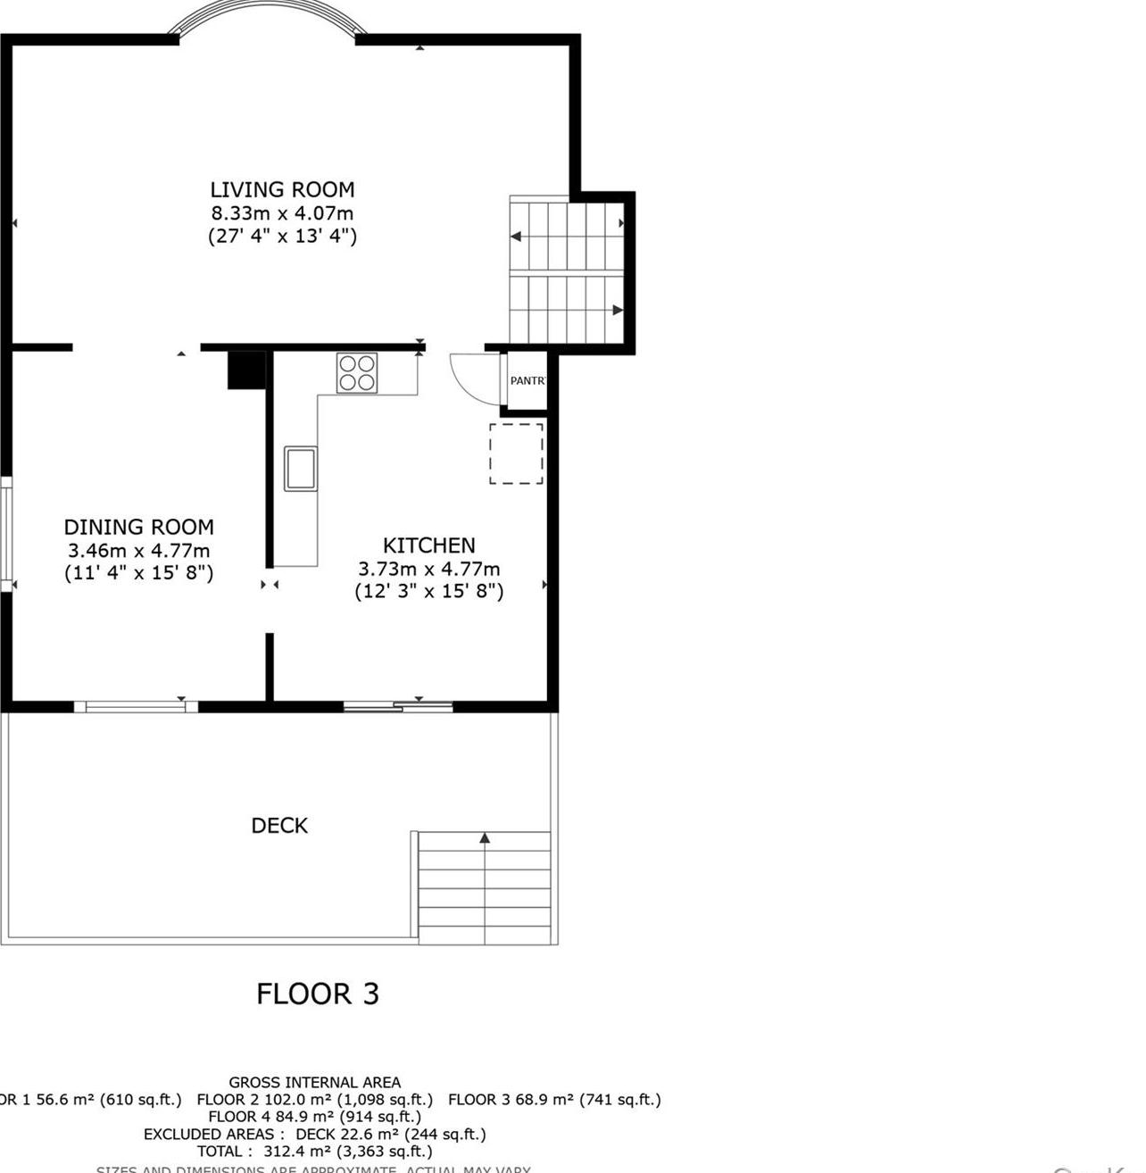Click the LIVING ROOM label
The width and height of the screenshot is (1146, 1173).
coord(282,189)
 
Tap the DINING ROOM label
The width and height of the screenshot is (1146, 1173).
coord(138,527)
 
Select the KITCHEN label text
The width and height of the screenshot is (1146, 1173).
coord(428,545)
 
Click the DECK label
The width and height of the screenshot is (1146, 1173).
coord(279,826)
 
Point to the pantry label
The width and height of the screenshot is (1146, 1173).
coord(527,381)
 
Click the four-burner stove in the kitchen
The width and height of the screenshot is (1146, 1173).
coord(357,372)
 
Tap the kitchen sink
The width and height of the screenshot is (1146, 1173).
coord(301,469)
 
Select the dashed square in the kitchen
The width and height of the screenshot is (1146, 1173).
coord(516,453)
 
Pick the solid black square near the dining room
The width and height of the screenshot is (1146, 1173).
coord(246,370)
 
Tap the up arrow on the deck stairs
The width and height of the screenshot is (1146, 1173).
coord(485,838)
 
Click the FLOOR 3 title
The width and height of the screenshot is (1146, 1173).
coord(318,994)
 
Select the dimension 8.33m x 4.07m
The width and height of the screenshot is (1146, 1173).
coord(282,213)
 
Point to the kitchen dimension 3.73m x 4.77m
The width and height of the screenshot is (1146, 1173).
coord(428,569)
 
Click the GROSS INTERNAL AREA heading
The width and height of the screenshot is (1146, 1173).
coord(314,1083)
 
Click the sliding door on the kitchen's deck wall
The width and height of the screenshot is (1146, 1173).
coord(398,707)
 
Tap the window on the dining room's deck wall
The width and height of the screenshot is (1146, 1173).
coord(136,707)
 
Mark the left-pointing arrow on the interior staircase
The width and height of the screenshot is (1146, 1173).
coord(516,237)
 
